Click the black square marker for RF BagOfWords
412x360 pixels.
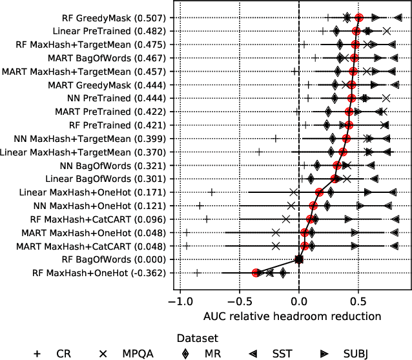click(x=299, y=259)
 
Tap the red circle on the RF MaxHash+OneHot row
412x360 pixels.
click(x=256, y=273)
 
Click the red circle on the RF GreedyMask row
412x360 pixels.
click(x=359, y=17)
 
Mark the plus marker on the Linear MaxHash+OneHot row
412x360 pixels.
click(x=211, y=192)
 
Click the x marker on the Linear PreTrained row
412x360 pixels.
click(x=386, y=31)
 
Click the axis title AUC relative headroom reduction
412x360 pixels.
click(x=292, y=317)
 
